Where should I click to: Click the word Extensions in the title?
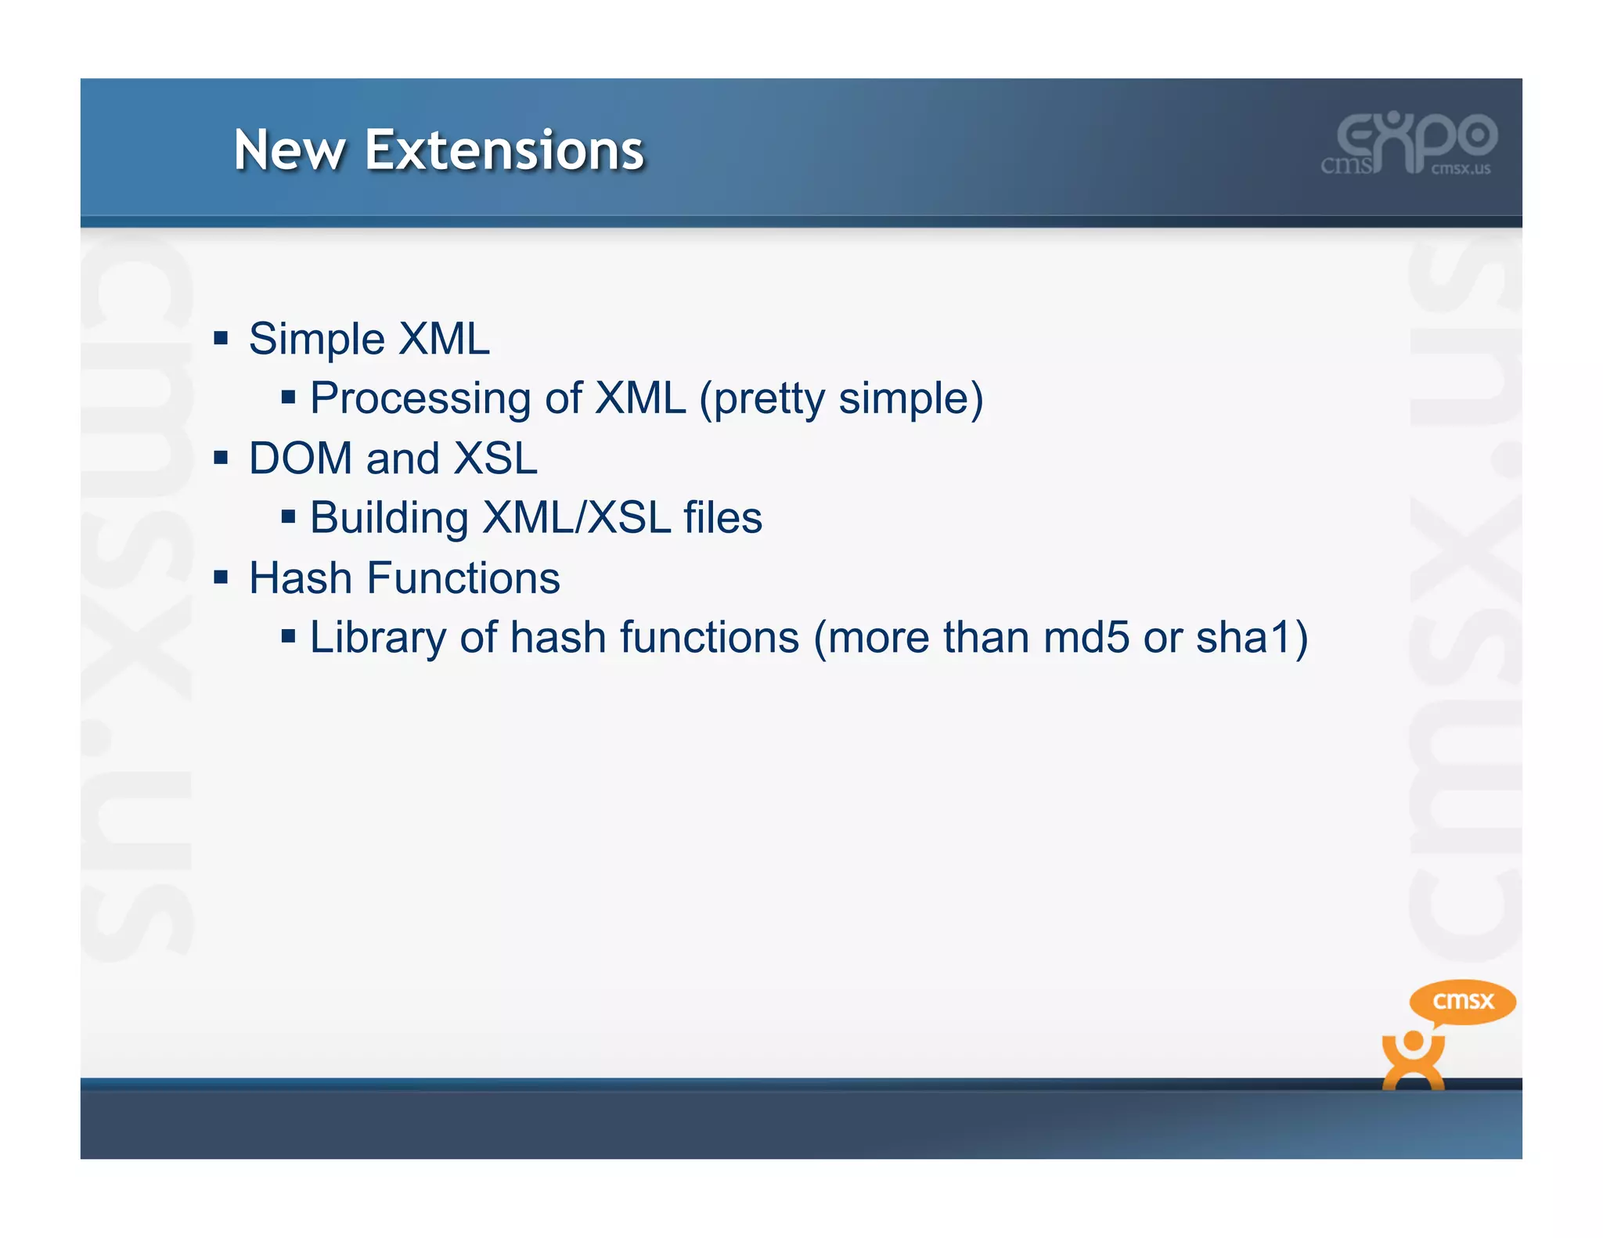504,150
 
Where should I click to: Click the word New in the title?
290,150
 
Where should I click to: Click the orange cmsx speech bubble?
1462,1001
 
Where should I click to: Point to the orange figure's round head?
1413,1042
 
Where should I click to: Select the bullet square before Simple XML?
221,338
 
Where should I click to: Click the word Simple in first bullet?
317,340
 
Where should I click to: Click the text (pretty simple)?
841,399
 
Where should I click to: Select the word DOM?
301,459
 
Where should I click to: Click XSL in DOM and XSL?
495,459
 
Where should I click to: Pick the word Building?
389,518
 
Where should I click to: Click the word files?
722,518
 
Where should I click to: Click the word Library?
378,638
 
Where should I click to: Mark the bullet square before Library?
288,636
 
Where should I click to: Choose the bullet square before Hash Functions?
221,578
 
